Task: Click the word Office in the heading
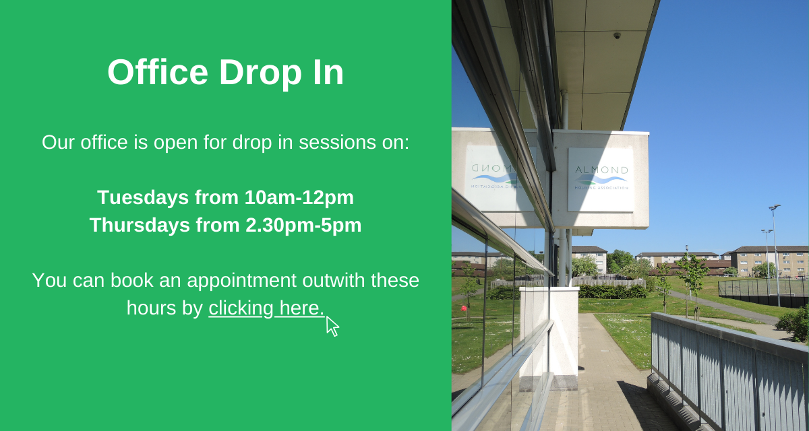pyautogui.click(x=158, y=72)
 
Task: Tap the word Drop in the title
pyautogui.click(x=260, y=75)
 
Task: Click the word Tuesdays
pyautogui.click(x=143, y=197)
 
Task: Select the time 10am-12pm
pyautogui.click(x=299, y=197)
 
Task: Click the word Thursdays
pyautogui.click(x=140, y=225)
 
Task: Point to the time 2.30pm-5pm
pyautogui.click(x=303, y=226)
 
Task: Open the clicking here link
pyautogui.click(x=266, y=308)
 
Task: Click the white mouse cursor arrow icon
pyautogui.click(x=332, y=327)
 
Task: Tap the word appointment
pyautogui.click(x=241, y=281)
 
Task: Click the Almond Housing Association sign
pyautogui.click(x=601, y=180)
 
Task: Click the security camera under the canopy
pyautogui.click(x=617, y=35)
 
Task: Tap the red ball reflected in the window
pyautogui.click(x=464, y=308)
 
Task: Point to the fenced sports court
pyautogui.click(x=762, y=293)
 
